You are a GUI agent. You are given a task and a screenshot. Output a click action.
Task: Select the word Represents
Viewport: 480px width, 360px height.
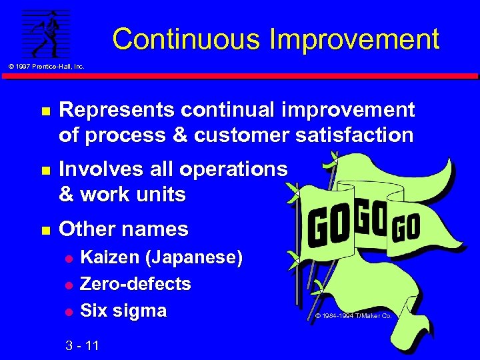pyautogui.click(x=115, y=109)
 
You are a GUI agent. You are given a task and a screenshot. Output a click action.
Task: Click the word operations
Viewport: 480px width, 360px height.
pyautogui.click(x=233, y=169)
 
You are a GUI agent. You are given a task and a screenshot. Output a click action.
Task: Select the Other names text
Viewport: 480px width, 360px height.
pyautogui.click(x=124, y=229)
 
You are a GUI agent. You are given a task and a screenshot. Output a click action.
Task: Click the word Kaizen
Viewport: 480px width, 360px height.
pyautogui.click(x=111, y=257)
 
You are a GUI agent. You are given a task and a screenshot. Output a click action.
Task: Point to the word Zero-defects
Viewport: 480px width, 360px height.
pyautogui.click(x=135, y=284)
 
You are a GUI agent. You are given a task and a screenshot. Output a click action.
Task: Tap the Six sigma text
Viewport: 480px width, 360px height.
pyautogui.click(x=123, y=311)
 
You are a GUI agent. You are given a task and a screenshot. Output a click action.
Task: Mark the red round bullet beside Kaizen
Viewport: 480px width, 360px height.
pyautogui.click(x=67, y=258)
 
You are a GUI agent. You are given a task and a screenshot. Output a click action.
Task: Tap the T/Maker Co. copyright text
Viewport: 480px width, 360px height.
pyautogui.click(x=353, y=315)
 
